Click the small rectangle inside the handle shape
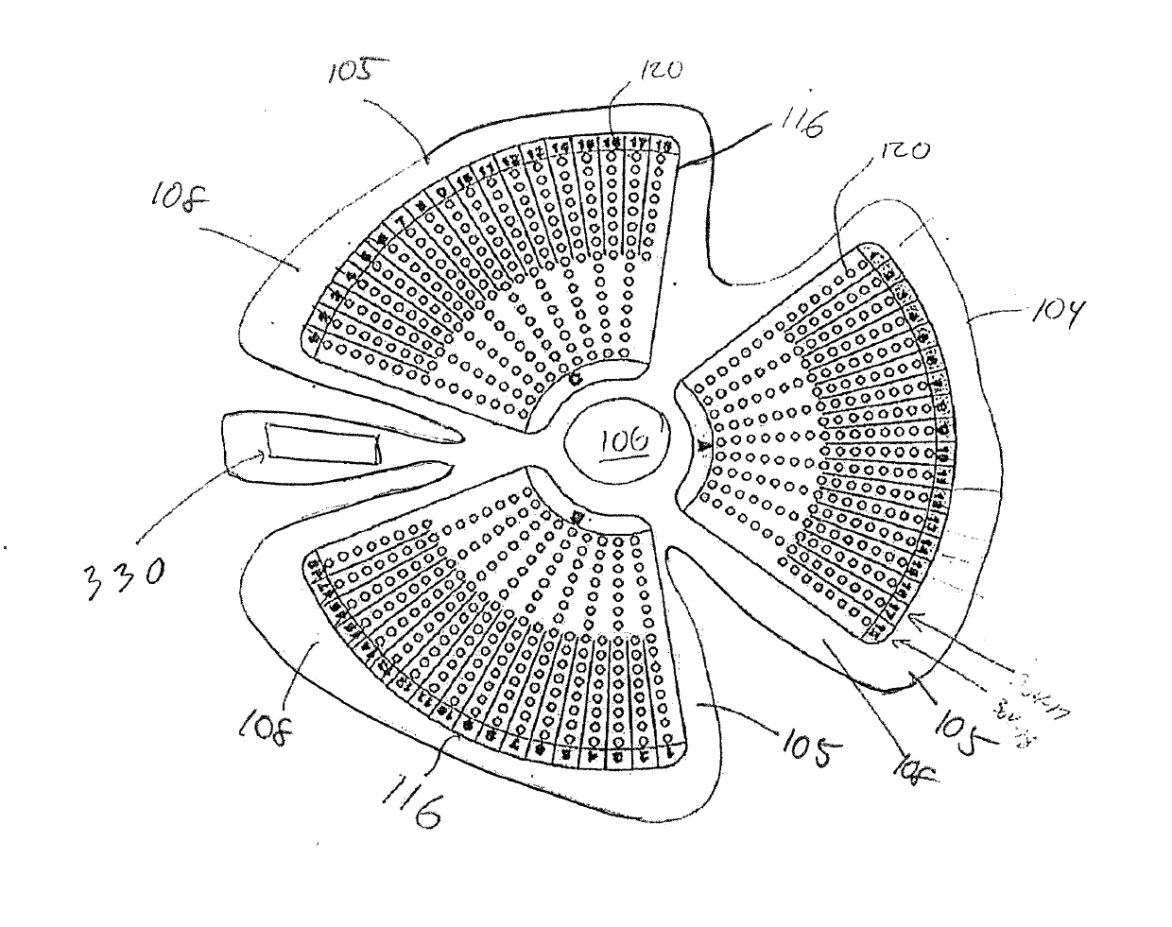coord(321,443)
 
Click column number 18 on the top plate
coord(664,146)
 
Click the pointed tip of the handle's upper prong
coord(460,438)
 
